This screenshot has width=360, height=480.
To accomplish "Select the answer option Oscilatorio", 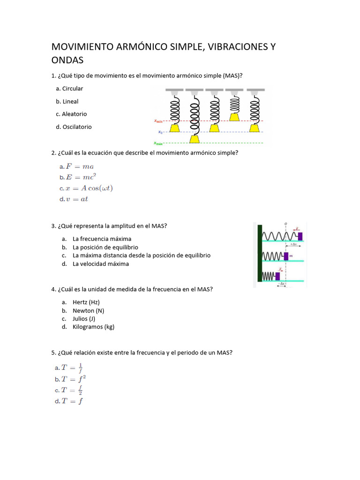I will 77,127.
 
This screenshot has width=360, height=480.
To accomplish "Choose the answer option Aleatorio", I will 74,114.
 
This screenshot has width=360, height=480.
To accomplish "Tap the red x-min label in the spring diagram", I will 158,121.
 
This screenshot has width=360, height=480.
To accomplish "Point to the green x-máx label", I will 158,143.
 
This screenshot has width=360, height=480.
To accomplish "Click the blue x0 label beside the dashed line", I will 160,132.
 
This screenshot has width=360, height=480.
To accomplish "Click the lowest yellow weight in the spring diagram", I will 194,139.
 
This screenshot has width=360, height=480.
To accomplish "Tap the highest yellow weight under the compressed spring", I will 234,117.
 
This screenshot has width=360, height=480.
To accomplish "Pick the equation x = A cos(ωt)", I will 89,188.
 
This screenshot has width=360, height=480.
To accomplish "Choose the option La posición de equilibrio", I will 105,247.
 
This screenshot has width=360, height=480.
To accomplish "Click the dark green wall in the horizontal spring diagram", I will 259,253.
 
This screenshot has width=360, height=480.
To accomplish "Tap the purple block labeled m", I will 285,256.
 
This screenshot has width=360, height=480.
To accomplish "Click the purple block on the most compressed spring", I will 277,276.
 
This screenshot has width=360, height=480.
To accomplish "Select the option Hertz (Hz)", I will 86,302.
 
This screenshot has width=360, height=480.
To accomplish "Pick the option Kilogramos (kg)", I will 93,327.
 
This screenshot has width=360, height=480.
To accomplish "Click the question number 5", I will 53,352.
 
